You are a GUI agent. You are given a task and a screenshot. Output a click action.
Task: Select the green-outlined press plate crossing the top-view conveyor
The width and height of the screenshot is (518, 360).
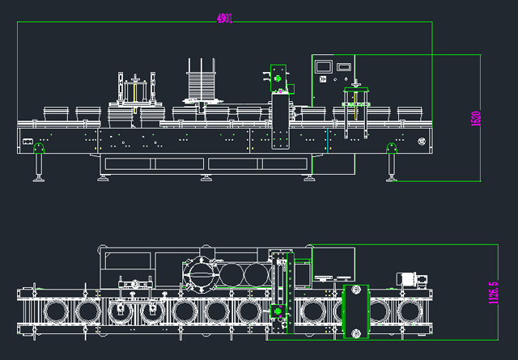point(355,311)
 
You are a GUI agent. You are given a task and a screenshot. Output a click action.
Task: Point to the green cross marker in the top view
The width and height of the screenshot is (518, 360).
point(280,311)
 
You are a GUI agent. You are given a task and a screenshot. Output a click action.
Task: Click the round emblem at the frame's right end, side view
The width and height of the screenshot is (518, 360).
point(421,142)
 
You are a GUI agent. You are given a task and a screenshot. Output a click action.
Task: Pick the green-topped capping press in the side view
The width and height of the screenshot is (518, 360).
point(355,101)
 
